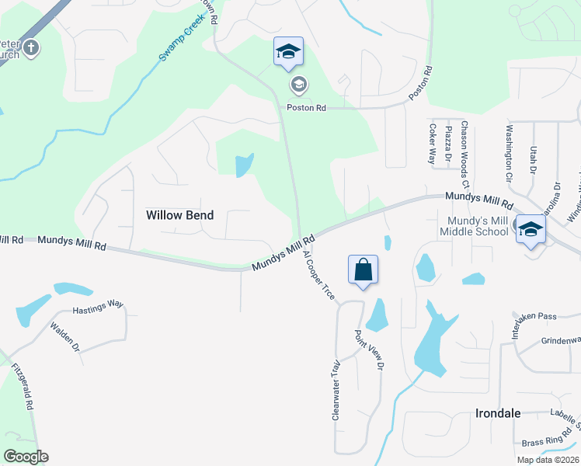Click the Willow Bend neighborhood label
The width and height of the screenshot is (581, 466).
179,214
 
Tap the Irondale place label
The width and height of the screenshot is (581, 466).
497,413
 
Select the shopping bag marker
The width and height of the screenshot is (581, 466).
363,270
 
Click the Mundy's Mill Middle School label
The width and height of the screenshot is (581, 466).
474,226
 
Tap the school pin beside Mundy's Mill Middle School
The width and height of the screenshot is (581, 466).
531,229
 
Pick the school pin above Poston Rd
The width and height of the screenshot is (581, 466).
288,52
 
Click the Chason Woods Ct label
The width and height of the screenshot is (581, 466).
464,154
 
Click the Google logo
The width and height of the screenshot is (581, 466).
26,457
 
